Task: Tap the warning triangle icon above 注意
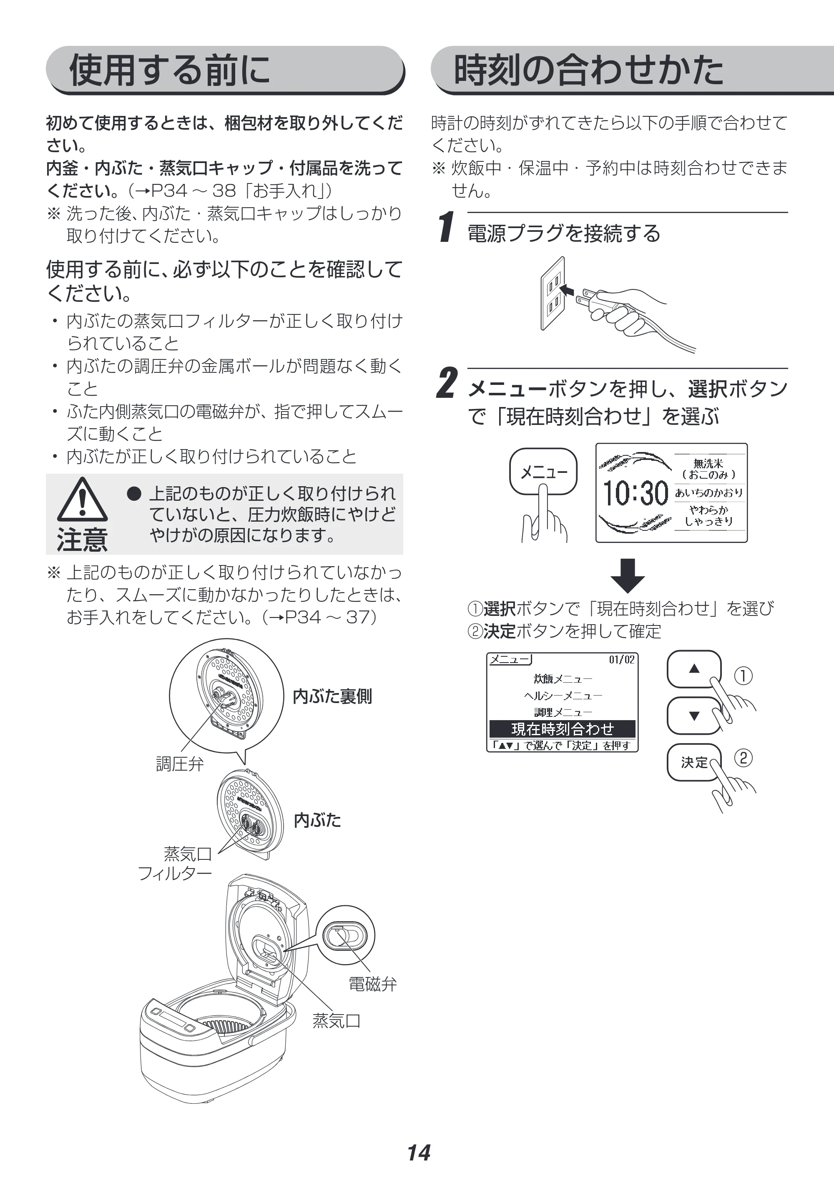[82, 499]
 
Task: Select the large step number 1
[447, 226]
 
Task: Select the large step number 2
[447, 383]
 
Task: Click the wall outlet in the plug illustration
[553, 293]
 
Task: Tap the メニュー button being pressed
[543, 471]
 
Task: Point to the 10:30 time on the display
[635, 493]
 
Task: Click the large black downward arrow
[628, 575]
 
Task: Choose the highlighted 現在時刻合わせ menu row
[563, 728]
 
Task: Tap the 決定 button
[694, 763]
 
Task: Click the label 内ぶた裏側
[332, 696]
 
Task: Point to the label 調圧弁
[180, 764]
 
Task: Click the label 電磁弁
[373, 984]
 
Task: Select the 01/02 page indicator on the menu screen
[621, 659]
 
